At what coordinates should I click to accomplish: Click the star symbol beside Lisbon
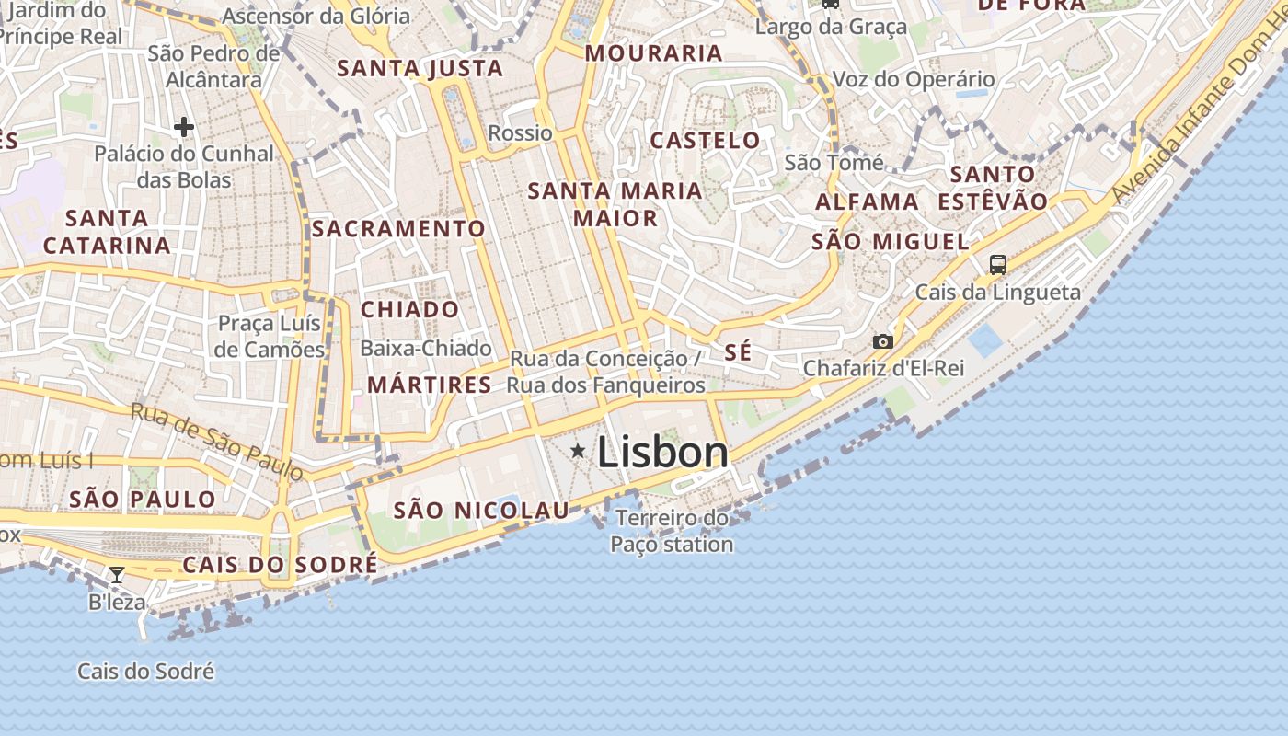[x=578, y=451]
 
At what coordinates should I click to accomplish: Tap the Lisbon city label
[x=662, y=452]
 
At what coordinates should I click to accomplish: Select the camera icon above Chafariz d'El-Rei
[x=882, y=341]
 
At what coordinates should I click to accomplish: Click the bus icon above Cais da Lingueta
[x=998, y=265]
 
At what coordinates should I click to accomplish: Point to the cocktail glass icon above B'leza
[x=117, y=575]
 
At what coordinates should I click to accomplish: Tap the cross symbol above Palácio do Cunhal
[x=184, y=126]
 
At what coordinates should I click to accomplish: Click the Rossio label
[x=520, y=132]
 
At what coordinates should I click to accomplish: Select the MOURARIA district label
[x=653, y=53]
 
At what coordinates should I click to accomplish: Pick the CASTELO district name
[x=705, y=141]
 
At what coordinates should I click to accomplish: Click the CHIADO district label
[x=409, y=309]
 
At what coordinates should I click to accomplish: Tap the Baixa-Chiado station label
[x=426, y=349]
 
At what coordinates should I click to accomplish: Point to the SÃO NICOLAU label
[x=481, y=511]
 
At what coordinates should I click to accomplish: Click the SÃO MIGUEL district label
[x=890, y=242]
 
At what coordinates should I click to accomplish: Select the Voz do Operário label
[x=913, y=79]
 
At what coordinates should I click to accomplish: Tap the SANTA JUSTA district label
[x=420, y=68]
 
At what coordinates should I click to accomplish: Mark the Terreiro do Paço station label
[x=672, y=531]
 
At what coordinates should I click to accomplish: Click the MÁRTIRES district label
[x=430, y=385]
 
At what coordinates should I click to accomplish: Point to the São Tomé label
[x=834, y=163]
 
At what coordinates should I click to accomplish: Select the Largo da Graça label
[x=831, y=27]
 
